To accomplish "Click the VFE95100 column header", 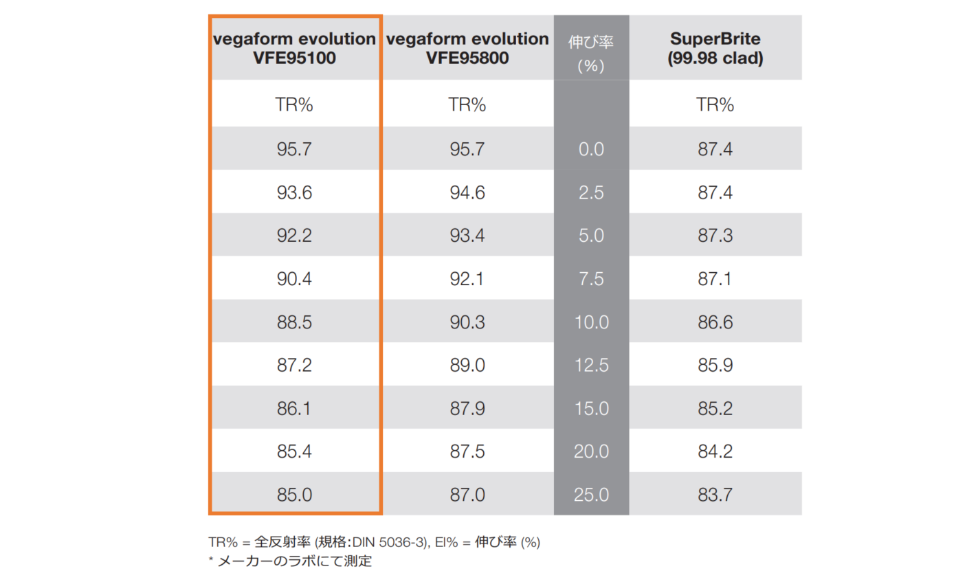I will click(x=294, y=48).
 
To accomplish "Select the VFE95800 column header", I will click(x=467, y=48).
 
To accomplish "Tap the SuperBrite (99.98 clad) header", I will click(x=715, y=48).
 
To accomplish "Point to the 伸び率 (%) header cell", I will click(x=591, y=54).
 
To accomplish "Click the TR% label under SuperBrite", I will click(x=715, y=104).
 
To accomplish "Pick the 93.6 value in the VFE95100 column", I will click(x=294, y=192).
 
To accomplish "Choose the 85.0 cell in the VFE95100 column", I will click(x=294, y=495).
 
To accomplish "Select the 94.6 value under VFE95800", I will click(x=467, y=192).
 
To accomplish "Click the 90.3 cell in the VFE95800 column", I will click(x=467, y=322).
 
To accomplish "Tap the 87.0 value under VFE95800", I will click(x=467, y=495).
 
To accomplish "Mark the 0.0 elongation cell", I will click(x=591, y=149).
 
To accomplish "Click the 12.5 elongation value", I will click(x=591, y=365).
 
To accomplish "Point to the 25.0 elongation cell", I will click(x=591, y=495).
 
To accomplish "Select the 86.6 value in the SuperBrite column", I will click(x=715, y=322).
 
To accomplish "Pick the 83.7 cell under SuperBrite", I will click(x=715, y=495).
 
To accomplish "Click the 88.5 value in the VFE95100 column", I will click(x=294, y=322).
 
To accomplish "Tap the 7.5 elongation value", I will click(x=591, y=279).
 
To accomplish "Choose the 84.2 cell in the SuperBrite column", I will click(x=715, y=451).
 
